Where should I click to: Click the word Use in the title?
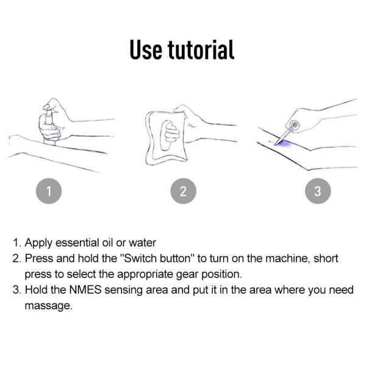click(x=146, y=50)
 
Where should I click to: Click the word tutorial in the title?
click(x=201, y=49)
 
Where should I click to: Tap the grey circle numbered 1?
click(x=49, y=191)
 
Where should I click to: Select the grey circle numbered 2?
click(x=183, y=191)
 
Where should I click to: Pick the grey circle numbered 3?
click(x=318, y=191)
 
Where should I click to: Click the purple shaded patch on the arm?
click(x=284, y=143)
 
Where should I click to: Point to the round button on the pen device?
click(x=295, y=125)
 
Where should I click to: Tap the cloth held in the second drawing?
click(x=165, y=138)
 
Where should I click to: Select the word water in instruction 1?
click(x=142, y=243)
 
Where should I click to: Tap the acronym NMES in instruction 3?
click(x=85, y=290)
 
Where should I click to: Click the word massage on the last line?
click(x=48, y=306)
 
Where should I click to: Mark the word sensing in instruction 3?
click(x=123, y=290)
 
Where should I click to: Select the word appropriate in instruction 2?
click(x=145, y=274)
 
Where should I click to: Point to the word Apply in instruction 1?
click(x=38, y=243)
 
